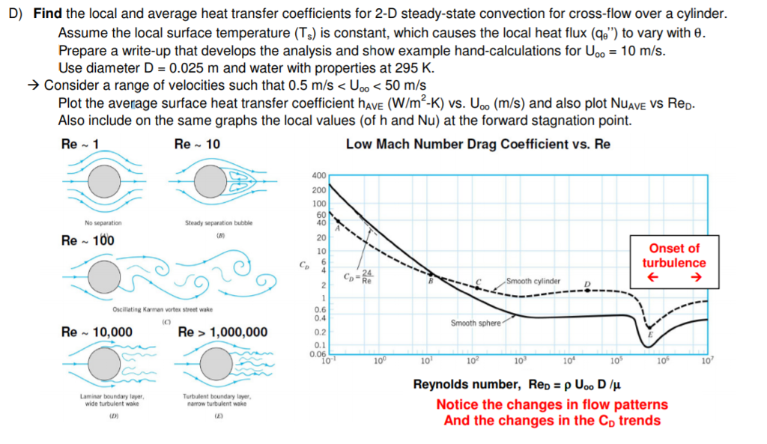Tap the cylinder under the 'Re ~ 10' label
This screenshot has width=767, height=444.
(213, 180)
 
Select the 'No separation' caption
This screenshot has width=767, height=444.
(103, 222)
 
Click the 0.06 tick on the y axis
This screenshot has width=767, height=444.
(318, 354)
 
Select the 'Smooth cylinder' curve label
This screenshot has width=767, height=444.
(533, 281)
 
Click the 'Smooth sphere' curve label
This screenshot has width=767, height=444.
(476, 323)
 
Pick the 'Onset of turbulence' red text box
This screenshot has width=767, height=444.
(673, 263)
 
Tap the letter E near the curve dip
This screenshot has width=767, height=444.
(649, 334)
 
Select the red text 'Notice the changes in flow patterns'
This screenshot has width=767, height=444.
(552, 404)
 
